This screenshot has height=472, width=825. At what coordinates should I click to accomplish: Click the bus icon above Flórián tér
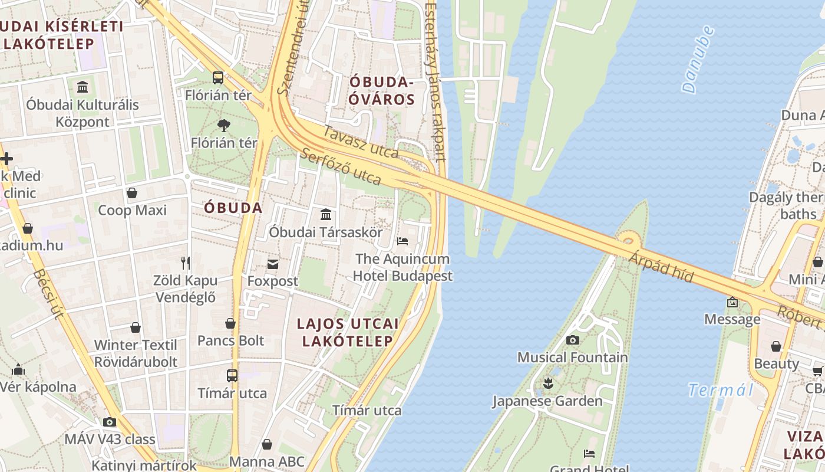point(218,77)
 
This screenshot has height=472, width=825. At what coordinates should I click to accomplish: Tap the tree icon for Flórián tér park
point(223,125)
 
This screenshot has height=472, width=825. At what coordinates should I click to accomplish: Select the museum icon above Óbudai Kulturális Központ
point(82,87)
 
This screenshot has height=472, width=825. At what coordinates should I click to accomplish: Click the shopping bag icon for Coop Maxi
point(132,193)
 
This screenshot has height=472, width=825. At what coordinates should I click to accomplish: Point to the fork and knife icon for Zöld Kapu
point(186,263)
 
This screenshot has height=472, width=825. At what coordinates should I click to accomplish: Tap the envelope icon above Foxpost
point(273,264)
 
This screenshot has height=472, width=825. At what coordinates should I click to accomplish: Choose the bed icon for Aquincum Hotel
point(402,241)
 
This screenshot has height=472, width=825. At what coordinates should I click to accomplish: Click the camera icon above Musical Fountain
point(572,340)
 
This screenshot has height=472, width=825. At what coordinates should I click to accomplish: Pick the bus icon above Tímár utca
point(232,375)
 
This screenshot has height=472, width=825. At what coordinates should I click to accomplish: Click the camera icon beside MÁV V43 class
point(110,422)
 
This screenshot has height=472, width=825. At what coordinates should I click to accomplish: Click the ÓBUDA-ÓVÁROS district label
point(381,90)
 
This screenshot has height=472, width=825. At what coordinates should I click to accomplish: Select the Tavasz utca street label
point(361,143)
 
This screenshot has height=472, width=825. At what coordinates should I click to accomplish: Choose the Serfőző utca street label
point(341,166)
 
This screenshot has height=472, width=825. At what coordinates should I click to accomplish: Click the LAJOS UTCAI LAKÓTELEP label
point(348,332)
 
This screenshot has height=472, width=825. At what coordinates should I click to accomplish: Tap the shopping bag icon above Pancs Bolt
point(230,323)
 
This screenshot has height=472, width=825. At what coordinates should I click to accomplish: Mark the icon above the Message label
point(732,302)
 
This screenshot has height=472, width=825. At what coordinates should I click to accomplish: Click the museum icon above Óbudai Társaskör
point(326,214)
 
